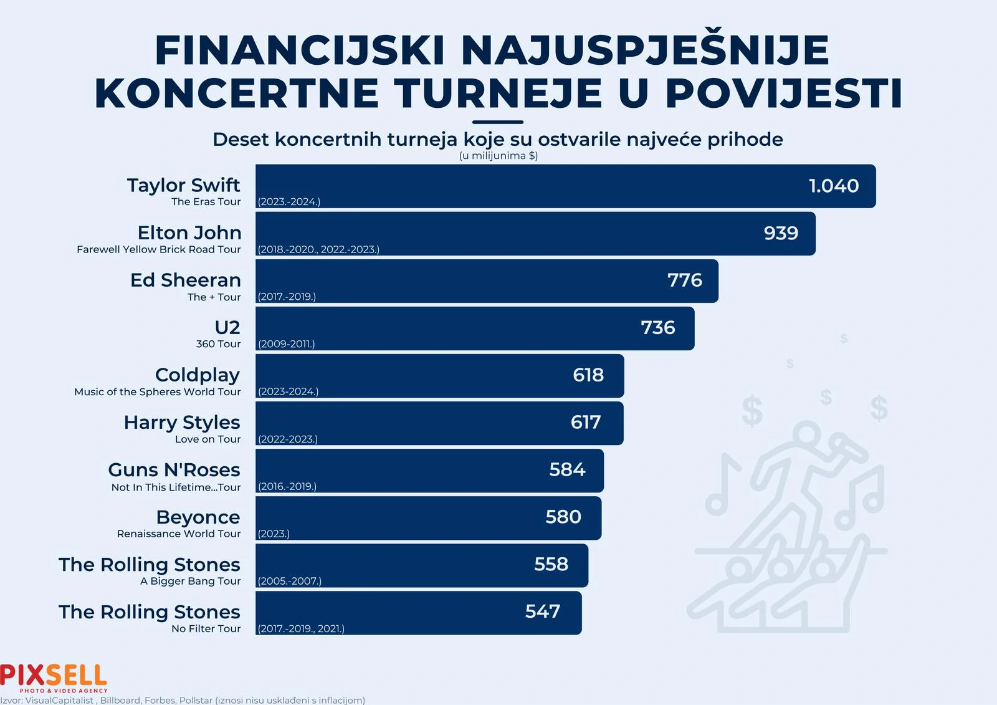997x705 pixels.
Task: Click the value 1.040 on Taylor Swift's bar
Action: pyautogui.click(x=833, y=186)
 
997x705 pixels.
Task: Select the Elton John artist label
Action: pyautogui.click(x=189, y=233)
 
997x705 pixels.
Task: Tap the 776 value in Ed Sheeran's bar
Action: pyautogui.click(x=684, y=281)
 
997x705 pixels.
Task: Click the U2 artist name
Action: pyautogui.click(x=227, y=327)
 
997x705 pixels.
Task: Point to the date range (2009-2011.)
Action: pyautogui.click(x=286, y=344)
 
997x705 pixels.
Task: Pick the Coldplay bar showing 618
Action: pyautogui.click(x=439, y=375)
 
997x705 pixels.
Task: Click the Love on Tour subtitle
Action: pyautogui.click(x=208, y=439)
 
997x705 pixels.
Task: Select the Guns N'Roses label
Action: pyautogui.click(x=174, y=469)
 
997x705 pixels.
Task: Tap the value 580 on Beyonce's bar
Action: pyautogui.click(x=563, y=517)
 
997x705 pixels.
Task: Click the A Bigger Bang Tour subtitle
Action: pyautogui.click(x=190, y=581)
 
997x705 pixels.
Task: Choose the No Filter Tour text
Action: pyautogui.click(x=206, y=628)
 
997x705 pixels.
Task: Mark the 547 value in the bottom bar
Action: pyautogui.click(x=542, y=611)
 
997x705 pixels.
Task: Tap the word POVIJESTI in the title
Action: pyautogui.click(x=783, y=94)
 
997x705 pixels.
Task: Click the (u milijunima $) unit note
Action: pyautogui.click(x=498, y=156)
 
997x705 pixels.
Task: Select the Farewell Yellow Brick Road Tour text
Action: pyautogui.click(x=158, y=249)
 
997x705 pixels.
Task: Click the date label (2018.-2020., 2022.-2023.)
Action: pyautogui.click(x=318, y=249)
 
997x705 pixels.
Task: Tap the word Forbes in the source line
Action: pyautogui.click(x=160, y=700)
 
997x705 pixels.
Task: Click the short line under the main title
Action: pyautogui.click(x=497, y=122)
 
